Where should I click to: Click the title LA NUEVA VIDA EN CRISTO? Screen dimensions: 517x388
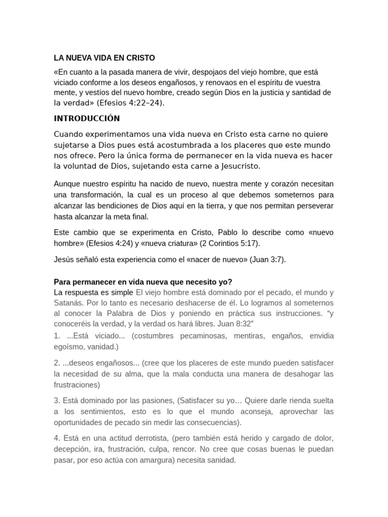[105, 58]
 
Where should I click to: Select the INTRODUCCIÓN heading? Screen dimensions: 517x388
[86, 119]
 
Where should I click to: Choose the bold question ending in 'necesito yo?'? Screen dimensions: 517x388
[143, 282]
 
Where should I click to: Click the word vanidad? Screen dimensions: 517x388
[103, 347]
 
